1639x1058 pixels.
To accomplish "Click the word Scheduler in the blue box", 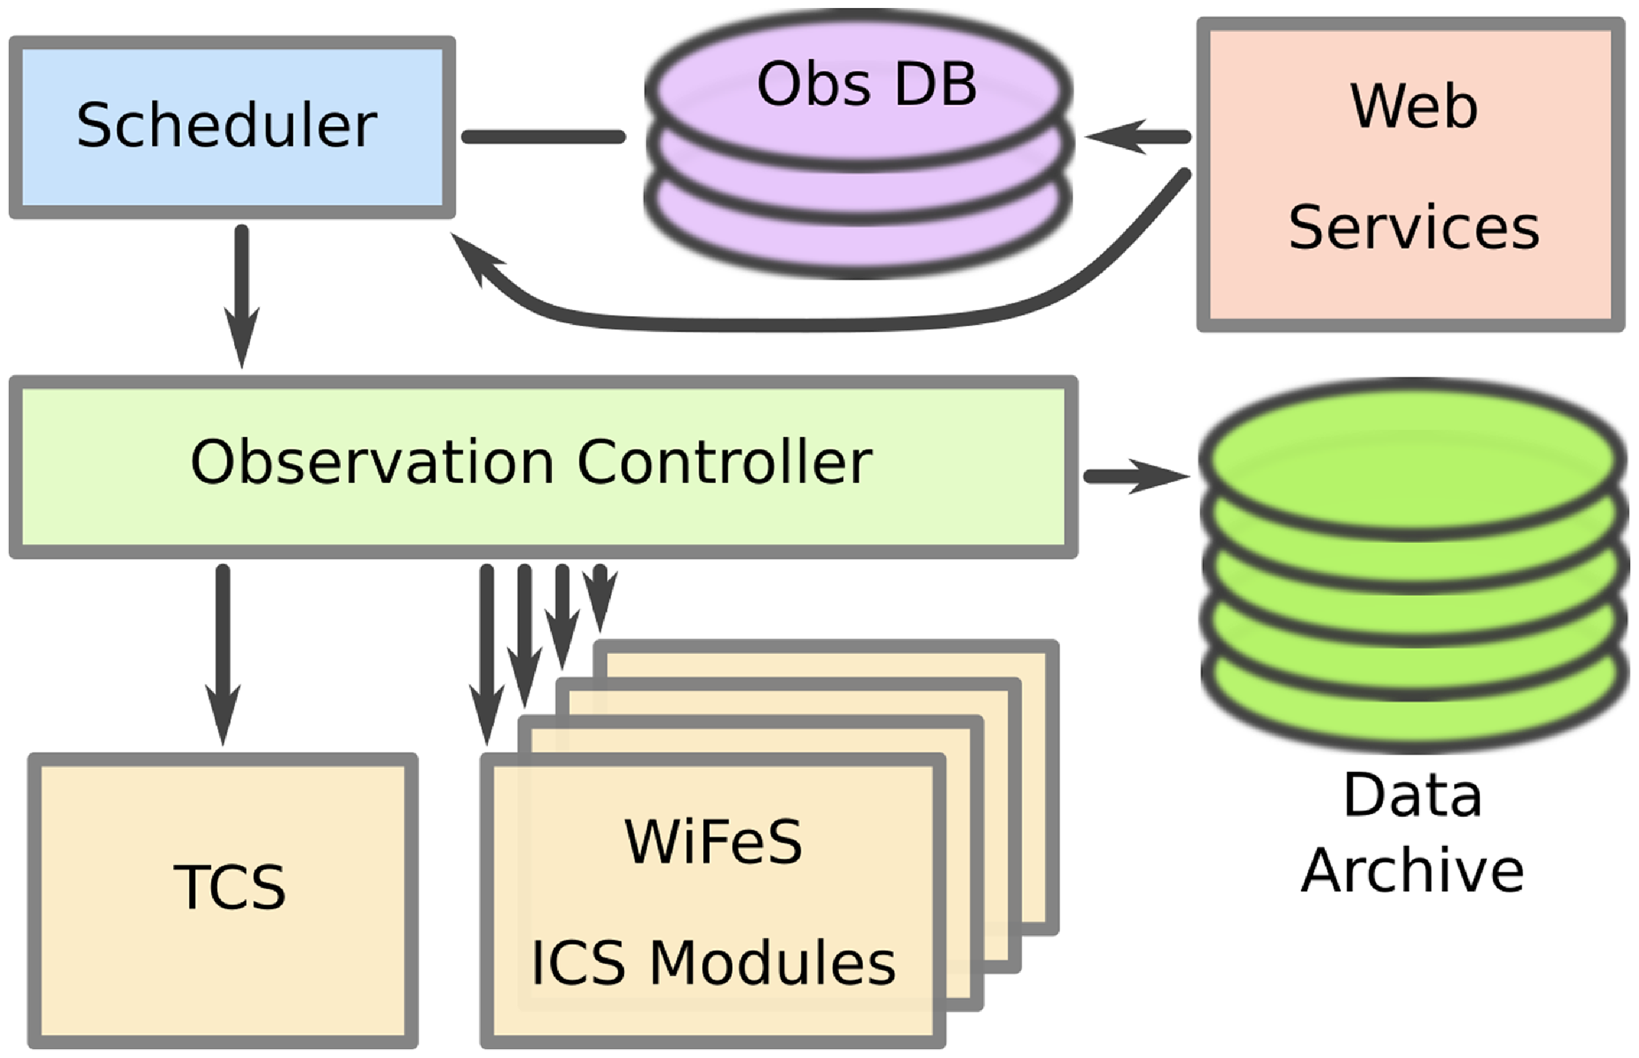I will click(x=227, y=125).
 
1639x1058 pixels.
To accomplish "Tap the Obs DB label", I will click(x=867, y=85).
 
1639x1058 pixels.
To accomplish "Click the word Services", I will click(x=1413, y=228).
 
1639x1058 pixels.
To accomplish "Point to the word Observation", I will click(x=372, y=462).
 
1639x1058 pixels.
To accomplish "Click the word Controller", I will click(x=725, y=462).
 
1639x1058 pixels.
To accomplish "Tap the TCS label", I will click(x=229, y=887).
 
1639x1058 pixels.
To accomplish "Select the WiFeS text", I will click(x=713, y=842).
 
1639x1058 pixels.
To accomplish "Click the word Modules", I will click(x=772, y=963).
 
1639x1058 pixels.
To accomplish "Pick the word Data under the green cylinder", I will click(x=1412, y=795).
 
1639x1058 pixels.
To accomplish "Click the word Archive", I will click(x=1412, y=870).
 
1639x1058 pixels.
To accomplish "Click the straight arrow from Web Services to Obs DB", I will click(x=1140, y=137).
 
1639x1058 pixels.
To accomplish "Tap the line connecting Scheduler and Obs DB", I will click(x=543, y=137).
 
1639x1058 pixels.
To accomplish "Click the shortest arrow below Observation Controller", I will click(x=600, y=595).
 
